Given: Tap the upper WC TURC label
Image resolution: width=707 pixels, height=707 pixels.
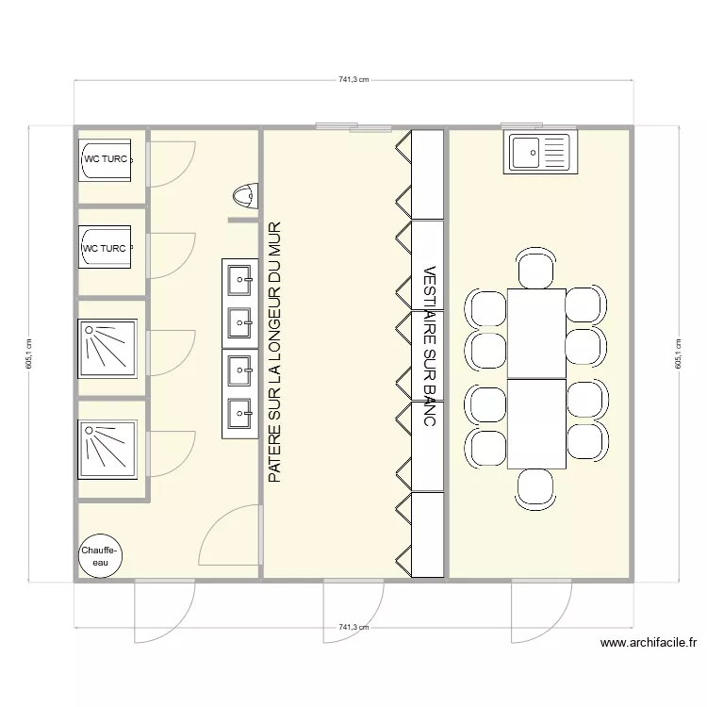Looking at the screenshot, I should tap(106, 159).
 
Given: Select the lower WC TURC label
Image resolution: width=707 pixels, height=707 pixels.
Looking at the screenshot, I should tap(105, 249).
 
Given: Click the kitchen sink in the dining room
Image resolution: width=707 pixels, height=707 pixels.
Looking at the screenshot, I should tap(539, 152).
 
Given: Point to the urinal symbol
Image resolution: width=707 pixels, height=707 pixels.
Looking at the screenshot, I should tap(244, 197).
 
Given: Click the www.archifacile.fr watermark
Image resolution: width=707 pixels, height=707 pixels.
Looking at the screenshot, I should tap(648, 643).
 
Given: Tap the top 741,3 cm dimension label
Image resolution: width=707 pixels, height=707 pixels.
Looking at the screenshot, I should tap(353, 80).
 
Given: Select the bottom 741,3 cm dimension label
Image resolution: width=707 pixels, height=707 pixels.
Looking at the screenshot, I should tap(353, 627).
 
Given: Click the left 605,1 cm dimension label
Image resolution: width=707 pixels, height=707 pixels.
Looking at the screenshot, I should tap(29, 354).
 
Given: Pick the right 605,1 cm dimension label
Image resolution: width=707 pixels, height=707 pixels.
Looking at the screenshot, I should tap(678, 354).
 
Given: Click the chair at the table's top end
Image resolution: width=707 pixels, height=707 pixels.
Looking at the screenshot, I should tap(535, 268).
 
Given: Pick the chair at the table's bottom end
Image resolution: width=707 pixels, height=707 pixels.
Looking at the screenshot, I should tap(535, 488).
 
